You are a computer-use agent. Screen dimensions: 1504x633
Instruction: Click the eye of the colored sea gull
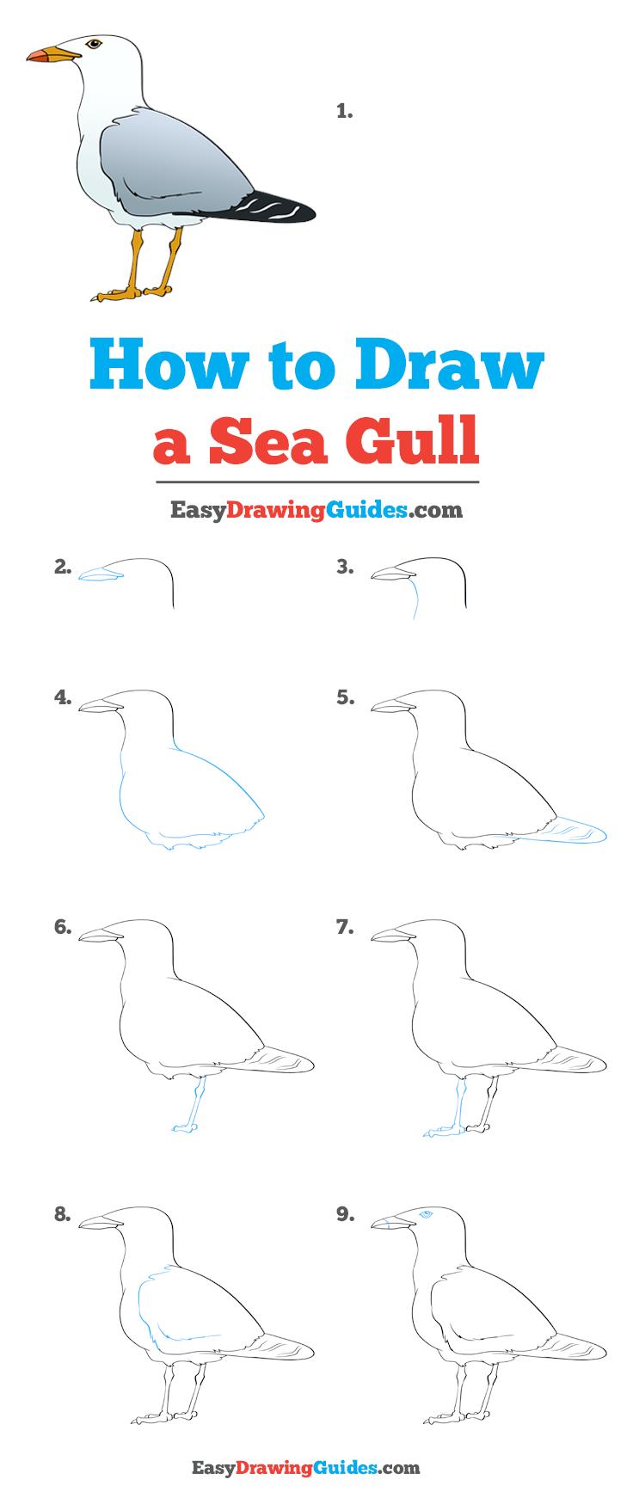(92, 43)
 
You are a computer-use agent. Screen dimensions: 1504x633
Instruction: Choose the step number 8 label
(62, 1214)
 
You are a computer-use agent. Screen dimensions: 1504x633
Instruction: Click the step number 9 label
(345, 1214)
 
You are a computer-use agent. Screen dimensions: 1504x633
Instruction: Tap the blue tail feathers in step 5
(572, 831)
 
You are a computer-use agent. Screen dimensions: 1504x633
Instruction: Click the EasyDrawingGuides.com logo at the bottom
(316, 1467)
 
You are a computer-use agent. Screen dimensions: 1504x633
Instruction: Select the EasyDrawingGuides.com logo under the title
(316, 511)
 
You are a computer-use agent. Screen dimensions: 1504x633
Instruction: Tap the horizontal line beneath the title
(316, 482)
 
